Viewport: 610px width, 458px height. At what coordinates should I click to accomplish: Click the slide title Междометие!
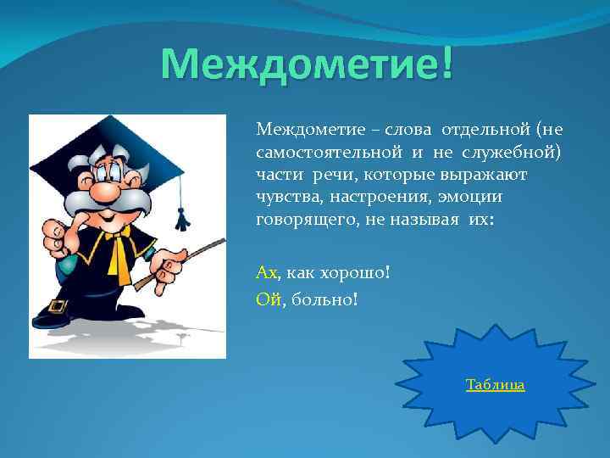[307, 65]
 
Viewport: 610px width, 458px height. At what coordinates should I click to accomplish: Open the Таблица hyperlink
[495, 385]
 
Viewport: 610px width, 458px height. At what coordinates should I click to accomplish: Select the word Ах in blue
[266, 273]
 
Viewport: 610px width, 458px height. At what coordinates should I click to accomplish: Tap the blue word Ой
[267, 298]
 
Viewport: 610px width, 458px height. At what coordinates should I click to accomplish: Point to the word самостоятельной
[318, 153]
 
